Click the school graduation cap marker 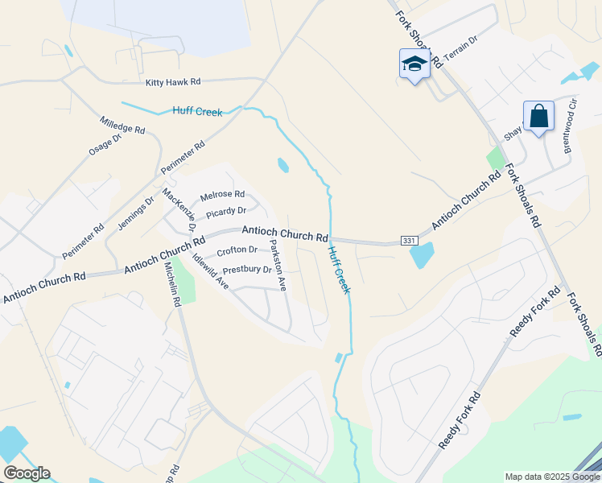[414, 64]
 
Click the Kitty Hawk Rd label [173, 82]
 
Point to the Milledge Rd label [122, 124]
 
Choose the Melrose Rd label [222, 194]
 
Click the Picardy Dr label [225, 212]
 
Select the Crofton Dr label [237, 250]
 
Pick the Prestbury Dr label [247, 270]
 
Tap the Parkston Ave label [278, 265]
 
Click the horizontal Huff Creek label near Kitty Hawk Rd [197, 112]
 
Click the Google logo [27, 473]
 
